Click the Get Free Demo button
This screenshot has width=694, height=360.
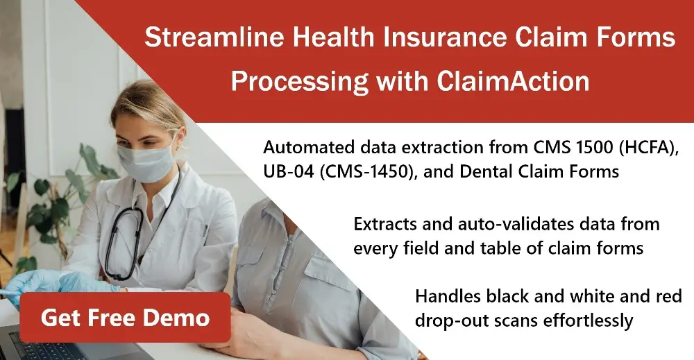point(125,318)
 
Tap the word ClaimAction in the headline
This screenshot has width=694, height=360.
point(513,82)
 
